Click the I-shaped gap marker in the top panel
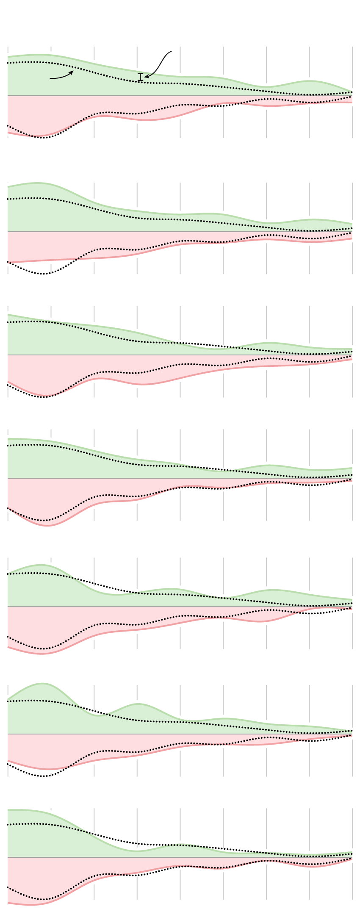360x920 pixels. (x=141, y=77)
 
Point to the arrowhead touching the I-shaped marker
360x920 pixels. (x=146, y=77)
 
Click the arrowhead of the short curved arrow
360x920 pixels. (x=73, y=72)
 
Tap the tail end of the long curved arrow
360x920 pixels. (x=171, y=52)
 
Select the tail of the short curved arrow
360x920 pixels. (x=50, y=78)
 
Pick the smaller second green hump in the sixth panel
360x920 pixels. (x=138, y=704)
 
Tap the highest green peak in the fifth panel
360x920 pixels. (x=41, y=565)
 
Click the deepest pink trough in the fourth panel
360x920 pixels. (x=48, y=526)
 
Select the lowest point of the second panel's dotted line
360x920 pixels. (x=43, y=274)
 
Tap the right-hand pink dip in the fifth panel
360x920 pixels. (x=263, y=621)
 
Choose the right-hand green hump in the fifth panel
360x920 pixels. (x=271, y=590)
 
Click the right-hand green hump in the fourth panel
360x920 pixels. (x=269, y=466)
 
